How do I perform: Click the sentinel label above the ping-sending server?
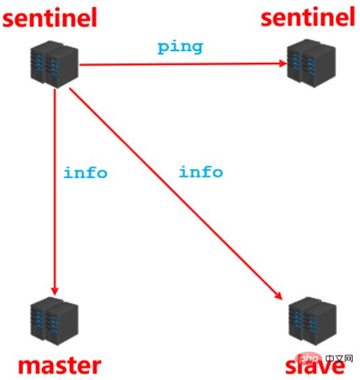(50, 18)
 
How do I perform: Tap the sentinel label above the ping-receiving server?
(304, 17)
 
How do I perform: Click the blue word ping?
(180, 47)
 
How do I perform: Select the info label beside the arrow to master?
(85, 173)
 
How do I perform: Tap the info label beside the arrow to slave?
(201, 172)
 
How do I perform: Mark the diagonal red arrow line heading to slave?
(177, 197)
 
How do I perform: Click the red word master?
(60, 366)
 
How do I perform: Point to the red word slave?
(313, 364)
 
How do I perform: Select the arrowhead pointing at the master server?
(55, 291)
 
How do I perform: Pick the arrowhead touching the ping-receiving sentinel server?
(283, 64)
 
